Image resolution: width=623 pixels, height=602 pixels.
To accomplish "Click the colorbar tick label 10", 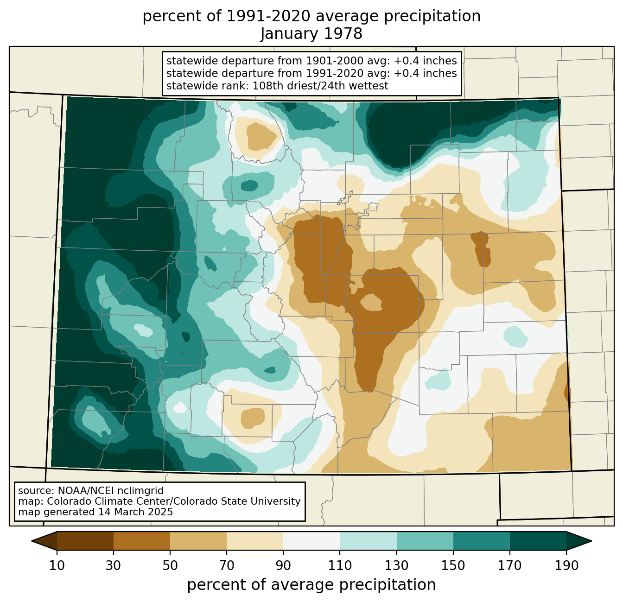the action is click(x=57, y=565).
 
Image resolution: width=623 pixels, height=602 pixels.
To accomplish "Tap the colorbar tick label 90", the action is click(x=283, y=565).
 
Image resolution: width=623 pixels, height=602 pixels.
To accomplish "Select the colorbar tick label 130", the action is click(x=396, y=565).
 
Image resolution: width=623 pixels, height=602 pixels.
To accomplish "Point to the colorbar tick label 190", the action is click(x=566, y=565).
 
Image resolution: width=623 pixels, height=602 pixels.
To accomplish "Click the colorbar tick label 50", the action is click(x=170, y=565).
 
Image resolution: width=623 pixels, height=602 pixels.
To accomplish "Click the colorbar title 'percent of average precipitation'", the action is click(x=311, y=584).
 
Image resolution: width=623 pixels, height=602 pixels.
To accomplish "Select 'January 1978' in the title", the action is click(x=311, y=34).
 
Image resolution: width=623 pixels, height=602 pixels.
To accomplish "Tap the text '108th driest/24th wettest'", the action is click(x=320, y=86).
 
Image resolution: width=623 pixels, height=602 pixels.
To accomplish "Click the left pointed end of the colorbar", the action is click(x=32, y=541).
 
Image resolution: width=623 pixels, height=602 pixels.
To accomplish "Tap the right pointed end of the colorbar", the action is click(x=591, y=541).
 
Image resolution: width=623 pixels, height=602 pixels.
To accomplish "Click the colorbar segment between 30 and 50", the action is click(x=141, y=541).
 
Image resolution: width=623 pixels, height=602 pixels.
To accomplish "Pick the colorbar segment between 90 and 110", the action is click(x=311, y=541).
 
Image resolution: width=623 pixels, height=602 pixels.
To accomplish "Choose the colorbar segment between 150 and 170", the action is click(x=482, y=541).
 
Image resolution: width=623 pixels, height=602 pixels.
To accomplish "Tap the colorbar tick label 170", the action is click(x=510, y=565).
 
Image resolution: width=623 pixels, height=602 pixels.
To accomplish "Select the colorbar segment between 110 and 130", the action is click(x=368, y=541).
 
